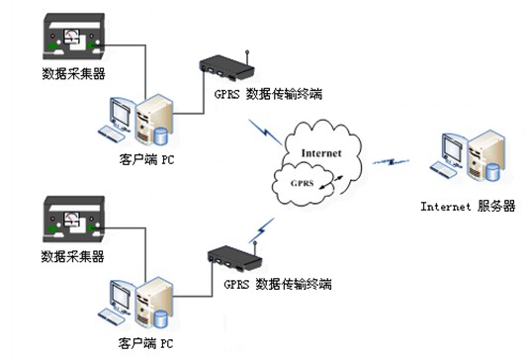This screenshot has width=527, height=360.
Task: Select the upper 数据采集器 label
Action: pos(72,74)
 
